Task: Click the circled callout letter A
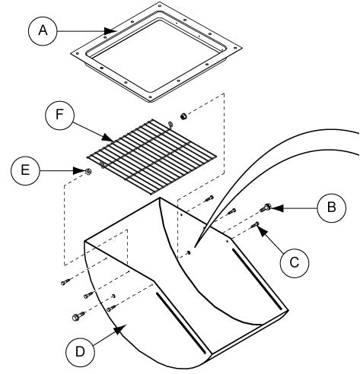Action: [43, 31]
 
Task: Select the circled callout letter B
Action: [332, 208]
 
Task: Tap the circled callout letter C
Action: [295, 262]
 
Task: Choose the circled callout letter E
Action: [25, 170]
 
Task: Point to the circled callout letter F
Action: [59, 115]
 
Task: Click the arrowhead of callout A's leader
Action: [110, 31]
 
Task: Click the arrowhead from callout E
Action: [78, 170]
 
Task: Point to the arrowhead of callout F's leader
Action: [108, 138]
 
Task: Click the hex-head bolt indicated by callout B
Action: [265, 208]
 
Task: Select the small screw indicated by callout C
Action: [255, 224]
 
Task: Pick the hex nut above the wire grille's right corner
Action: [183, 116]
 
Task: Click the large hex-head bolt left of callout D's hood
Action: [78, 316]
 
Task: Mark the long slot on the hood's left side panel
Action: [181, 323]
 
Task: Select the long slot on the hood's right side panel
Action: [257, 279]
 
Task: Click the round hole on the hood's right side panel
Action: [189, 252]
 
